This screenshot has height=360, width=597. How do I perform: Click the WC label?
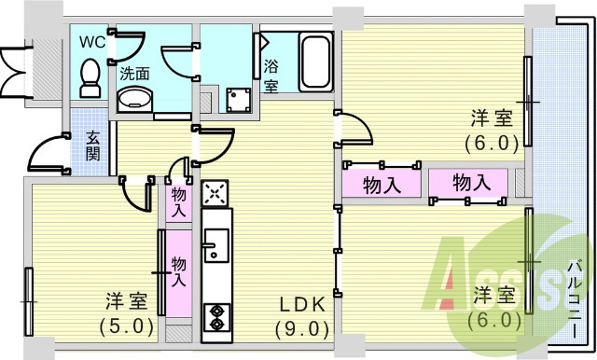[91, 42]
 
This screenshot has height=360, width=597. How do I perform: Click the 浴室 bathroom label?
[271, 76]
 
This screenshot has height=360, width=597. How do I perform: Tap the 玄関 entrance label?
[94, 146]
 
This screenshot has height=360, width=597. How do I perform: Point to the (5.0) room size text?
[125, 326]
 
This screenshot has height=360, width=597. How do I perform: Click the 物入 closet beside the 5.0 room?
[178, 271]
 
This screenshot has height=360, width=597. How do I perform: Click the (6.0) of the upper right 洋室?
[491, 144]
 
